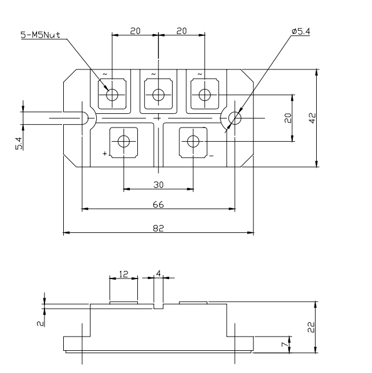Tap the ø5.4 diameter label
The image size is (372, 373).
pos(300,32)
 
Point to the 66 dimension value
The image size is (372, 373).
pos(158,204)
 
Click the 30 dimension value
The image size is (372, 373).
pos(158,185)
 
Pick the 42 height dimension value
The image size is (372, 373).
pos(312,118)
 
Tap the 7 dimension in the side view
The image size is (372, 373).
pos(291,345)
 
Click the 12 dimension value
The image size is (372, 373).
pos(123,273)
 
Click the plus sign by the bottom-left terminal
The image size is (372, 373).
pos(105,154)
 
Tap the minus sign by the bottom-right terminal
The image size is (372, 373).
pos(211,155)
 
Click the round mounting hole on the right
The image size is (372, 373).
pos(234,118)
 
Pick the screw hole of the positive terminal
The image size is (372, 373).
pos(124,141)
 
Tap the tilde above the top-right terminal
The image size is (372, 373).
pos(200,73)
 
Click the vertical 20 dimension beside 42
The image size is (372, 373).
pos(288,117)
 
